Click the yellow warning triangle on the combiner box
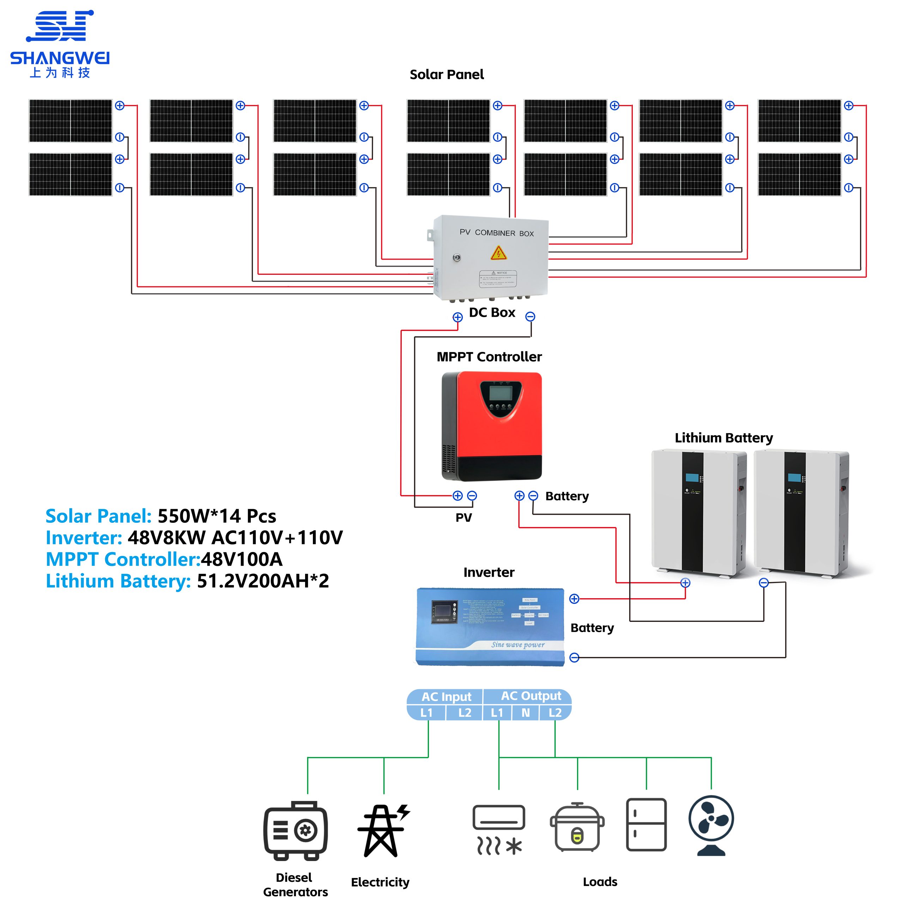499,253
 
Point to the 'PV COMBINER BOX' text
496,233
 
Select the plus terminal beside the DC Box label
457,317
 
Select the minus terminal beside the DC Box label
530,317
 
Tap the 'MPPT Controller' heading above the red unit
489,357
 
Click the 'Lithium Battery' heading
723,438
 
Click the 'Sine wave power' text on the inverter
518,645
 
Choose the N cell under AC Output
526,713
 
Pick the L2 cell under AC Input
465,713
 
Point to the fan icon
711,825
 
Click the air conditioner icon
499,830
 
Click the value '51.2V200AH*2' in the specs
263,581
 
